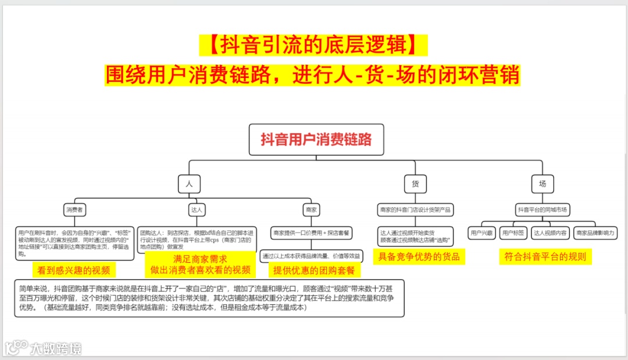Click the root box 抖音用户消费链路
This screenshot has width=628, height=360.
[x=316, y=140]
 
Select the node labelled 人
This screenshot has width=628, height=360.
[x=189, y=184]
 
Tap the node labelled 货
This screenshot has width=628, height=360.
[x=415, y=184]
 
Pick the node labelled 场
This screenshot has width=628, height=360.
[x=542, y=184]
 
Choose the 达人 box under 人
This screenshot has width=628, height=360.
[x=197, y=209]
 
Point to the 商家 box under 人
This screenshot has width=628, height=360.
[x=311, y=209]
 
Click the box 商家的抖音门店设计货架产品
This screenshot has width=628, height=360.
[x=415, y=209]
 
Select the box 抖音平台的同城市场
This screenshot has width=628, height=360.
[x=542, y=209]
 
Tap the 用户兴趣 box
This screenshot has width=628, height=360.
[x=482, y=233]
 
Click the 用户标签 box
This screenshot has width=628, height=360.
[x=513, y=233]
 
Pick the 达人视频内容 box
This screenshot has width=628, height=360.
[x=549, y=233]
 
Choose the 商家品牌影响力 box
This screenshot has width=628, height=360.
[x=595, y=233]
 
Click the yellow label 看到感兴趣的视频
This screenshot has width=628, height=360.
[x=74, y=270]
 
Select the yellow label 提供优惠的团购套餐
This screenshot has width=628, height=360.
[x=314, y=270]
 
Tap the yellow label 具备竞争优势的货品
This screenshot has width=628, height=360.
[x=419, y=256]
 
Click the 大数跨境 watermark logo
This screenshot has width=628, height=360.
[x=43, y=347]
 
